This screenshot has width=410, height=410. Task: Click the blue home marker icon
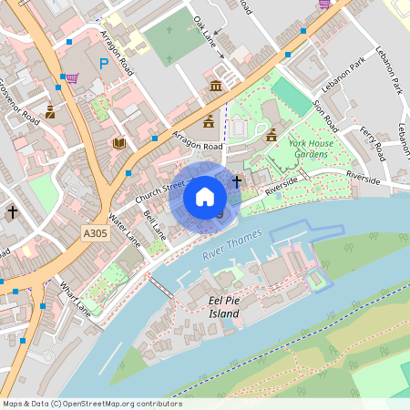(205, 196)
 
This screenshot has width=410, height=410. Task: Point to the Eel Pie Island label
(225, 307)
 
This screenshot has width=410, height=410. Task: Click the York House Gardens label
(312, 149)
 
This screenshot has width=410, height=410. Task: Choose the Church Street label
(159, 192)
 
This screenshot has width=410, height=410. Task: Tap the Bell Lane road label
(156, 228)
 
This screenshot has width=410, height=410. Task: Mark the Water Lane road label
(124, 231)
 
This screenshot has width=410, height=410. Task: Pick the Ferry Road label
(374, 143)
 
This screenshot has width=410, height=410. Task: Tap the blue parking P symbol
(104, 65)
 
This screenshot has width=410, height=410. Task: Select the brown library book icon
(118, 143)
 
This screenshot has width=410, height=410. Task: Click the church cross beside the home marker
(237, 181)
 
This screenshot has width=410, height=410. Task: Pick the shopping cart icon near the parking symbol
(71, 78)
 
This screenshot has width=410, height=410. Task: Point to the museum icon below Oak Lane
(216, 86)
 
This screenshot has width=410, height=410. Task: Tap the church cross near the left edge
(13, 211)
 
